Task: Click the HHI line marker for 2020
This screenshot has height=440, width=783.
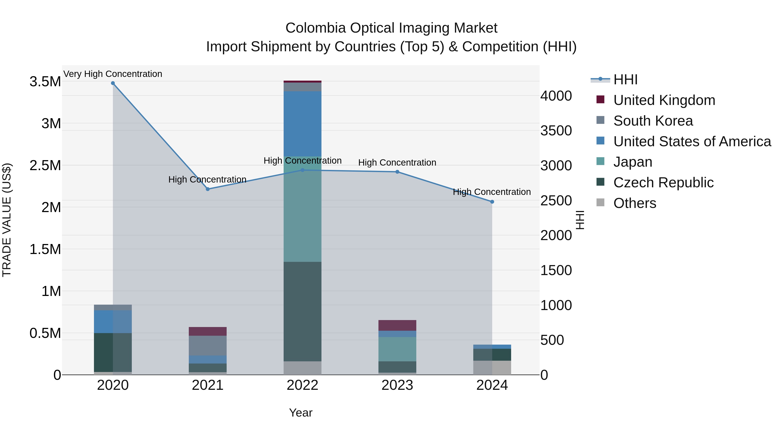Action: [x=113, y=83]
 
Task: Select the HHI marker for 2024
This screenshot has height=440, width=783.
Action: [x=492, y=202]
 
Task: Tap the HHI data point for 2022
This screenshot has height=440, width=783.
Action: [x=303, y=170]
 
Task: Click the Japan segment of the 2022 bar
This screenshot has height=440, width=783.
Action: [x=303, y=213]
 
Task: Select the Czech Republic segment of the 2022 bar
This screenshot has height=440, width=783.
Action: [x=303, y=311]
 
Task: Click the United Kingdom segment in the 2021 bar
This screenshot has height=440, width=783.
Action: [x=208, y=331]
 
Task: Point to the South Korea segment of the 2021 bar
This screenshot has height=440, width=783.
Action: [x=208, y=345]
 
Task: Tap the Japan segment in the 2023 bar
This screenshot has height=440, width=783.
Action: [x=397, y=349]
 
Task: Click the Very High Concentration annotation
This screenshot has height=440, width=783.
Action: [x=113, y=74]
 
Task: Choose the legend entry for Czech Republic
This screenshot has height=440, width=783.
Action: [x=663, y=183]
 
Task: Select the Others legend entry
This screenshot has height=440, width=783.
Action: [x=634, y=203]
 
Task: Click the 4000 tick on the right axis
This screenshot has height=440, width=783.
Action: [x=556, y=96]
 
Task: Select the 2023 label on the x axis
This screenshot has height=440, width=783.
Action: [x=397, y=385]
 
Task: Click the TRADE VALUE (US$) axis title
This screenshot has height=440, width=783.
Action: [x=7, y=220]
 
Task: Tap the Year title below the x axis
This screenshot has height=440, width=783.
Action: [x=301, y=413]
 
